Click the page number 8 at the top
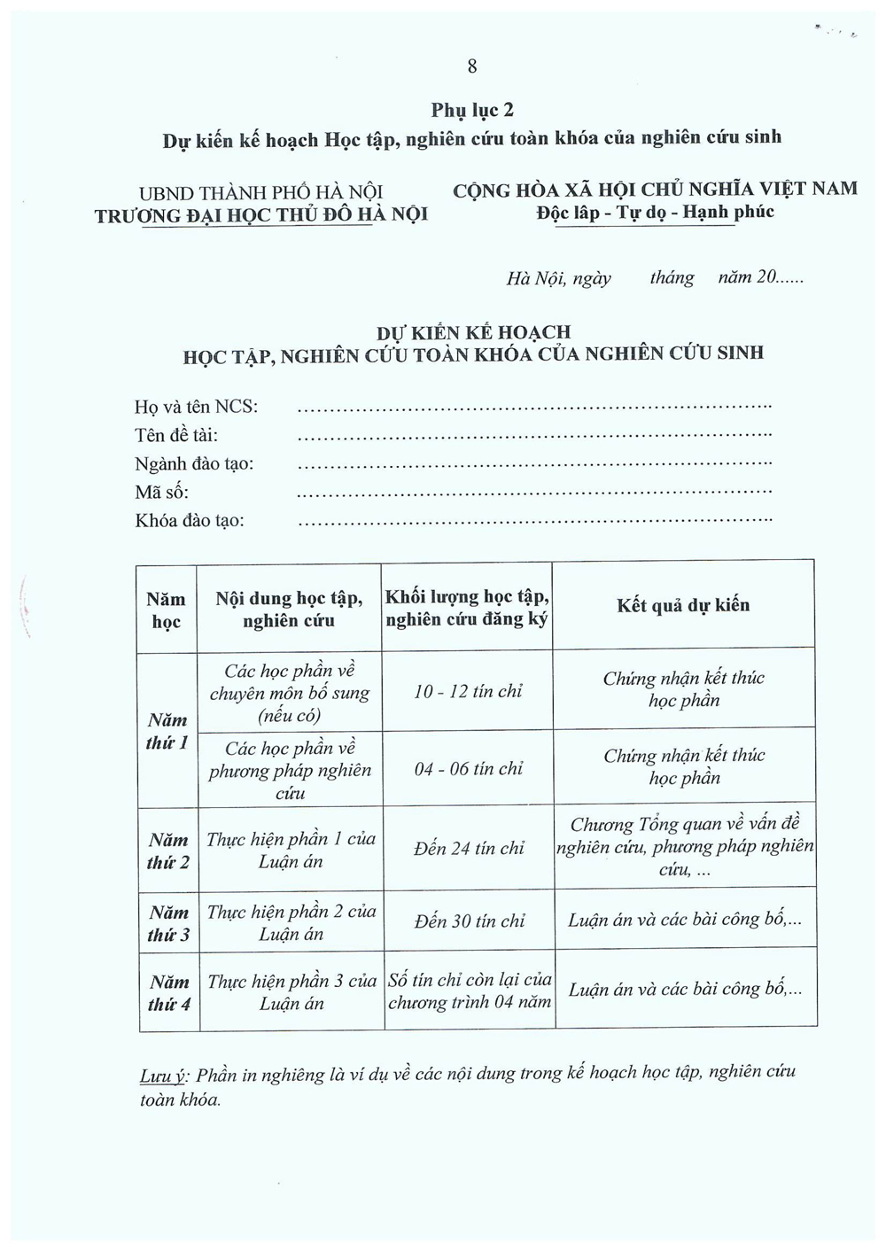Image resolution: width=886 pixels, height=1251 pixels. point(472,66)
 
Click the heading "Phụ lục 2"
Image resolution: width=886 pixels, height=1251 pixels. point(472,110)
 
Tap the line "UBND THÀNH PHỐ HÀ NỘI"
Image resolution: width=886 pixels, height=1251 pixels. point(260,192)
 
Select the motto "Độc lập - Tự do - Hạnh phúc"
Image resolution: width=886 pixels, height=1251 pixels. point(655,212)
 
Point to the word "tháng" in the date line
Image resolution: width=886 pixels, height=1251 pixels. point(672,278)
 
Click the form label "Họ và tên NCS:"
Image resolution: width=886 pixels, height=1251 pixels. point(197,407)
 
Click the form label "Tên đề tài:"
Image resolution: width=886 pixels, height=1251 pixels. point(176,435)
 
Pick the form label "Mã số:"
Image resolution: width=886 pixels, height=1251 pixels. point(161,492)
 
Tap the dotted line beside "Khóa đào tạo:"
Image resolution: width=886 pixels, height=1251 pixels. point(535,521)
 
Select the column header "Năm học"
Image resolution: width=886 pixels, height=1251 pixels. point(167,610)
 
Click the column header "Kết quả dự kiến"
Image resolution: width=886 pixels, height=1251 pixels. point(683,605)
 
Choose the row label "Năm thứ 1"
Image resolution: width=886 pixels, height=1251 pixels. point(167,731)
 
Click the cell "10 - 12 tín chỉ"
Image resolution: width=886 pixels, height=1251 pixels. point(468,691)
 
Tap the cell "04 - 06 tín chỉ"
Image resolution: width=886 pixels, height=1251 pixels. point(468,769)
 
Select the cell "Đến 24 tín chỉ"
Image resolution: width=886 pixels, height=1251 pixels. point(469,848)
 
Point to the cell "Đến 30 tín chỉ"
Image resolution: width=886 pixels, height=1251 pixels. point(469,921)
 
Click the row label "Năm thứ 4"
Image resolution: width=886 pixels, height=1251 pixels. point(169,993)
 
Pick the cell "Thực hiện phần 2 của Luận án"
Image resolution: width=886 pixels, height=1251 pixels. point(291,922)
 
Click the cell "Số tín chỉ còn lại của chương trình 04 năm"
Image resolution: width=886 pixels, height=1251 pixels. point(470,991)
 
